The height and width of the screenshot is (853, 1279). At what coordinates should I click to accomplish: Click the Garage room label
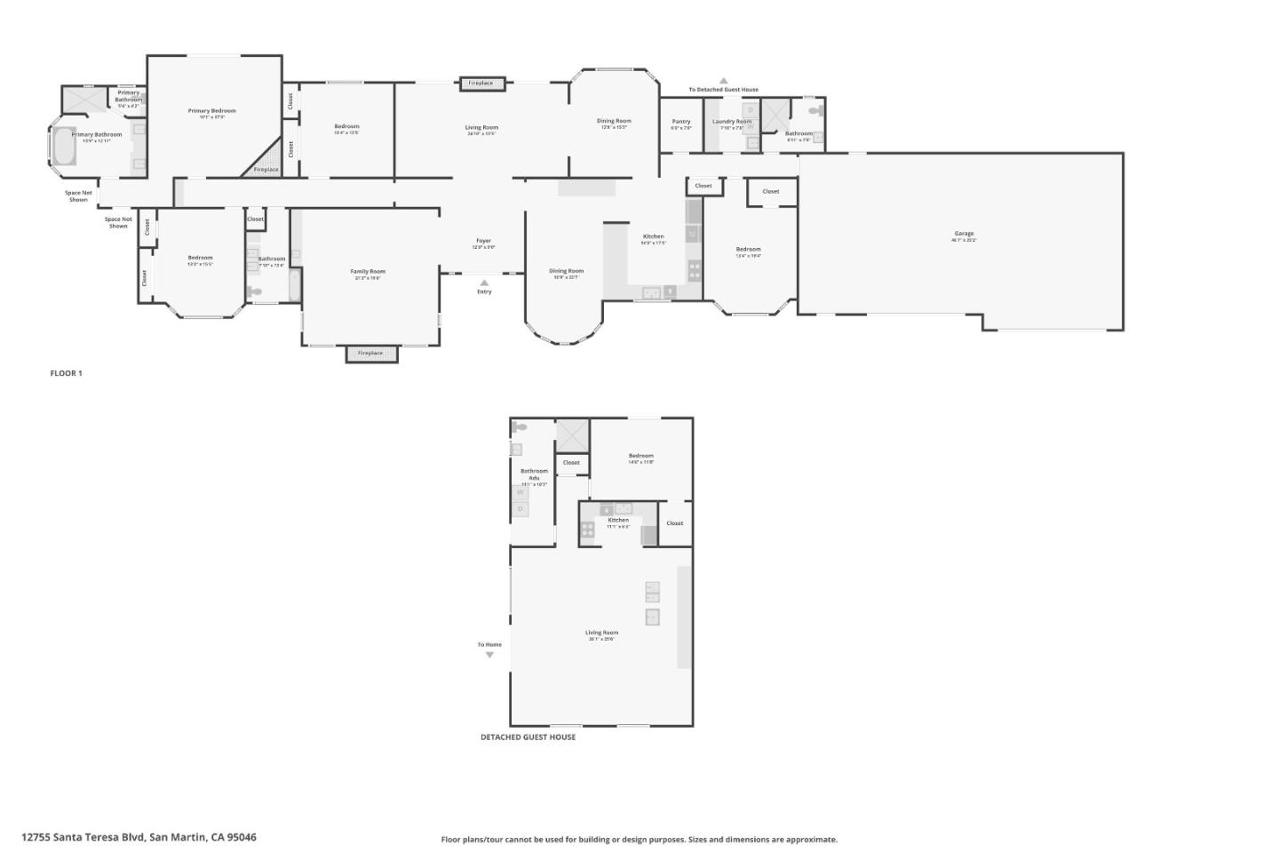964,234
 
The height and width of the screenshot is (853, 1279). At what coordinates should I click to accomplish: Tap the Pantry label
681,122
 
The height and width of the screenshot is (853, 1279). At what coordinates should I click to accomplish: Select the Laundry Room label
732,122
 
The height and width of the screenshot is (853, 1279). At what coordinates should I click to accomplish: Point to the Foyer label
483,241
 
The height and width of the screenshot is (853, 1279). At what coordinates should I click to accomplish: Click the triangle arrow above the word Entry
484,283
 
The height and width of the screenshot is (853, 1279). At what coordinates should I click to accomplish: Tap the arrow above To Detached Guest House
723,80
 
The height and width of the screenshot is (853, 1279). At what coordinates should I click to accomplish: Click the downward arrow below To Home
489,656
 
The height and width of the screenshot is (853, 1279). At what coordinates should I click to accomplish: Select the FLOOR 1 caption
66,373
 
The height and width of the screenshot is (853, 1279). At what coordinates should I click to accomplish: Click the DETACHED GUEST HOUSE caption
528,737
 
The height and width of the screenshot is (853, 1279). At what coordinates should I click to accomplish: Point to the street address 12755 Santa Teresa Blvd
139,837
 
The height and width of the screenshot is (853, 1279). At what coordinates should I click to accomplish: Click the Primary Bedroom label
211,111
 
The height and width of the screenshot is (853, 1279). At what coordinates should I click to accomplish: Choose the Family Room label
368,272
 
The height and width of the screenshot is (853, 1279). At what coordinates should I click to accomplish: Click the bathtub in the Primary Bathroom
64,147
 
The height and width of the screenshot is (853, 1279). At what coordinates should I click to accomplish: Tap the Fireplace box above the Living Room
481,84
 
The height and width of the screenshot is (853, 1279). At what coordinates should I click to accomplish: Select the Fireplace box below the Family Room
371,354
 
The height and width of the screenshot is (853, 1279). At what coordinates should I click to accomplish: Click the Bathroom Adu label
534,474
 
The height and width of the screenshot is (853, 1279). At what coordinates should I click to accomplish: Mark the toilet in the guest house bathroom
520,427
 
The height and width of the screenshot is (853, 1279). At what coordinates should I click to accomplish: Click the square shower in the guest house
572,435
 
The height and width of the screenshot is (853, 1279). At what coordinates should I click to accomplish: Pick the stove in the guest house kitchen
587,531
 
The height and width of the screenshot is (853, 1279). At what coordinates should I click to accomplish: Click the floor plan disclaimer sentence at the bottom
639,839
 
